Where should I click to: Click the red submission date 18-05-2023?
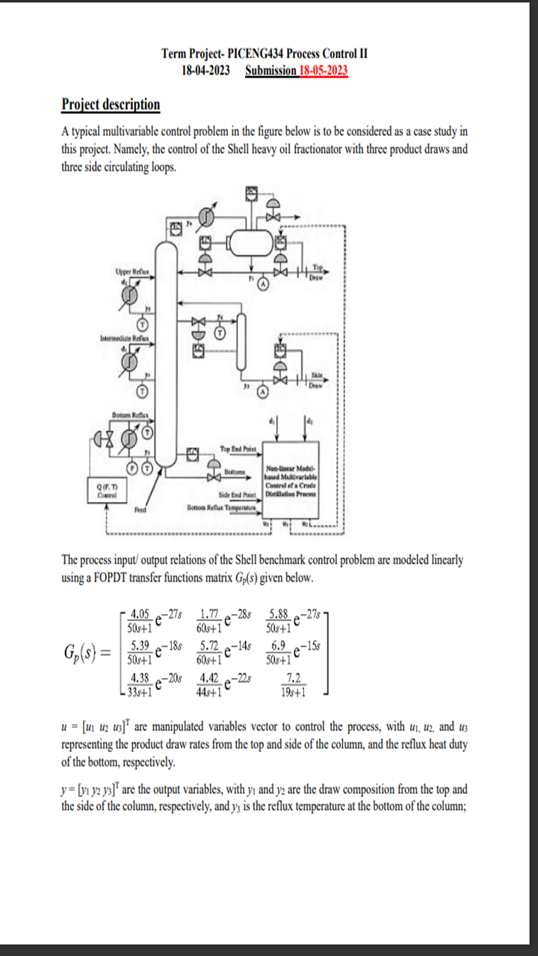point(323,71)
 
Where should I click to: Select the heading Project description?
point(111,105)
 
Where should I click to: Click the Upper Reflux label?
point(132,272)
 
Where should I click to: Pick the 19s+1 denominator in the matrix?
point(288,692)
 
